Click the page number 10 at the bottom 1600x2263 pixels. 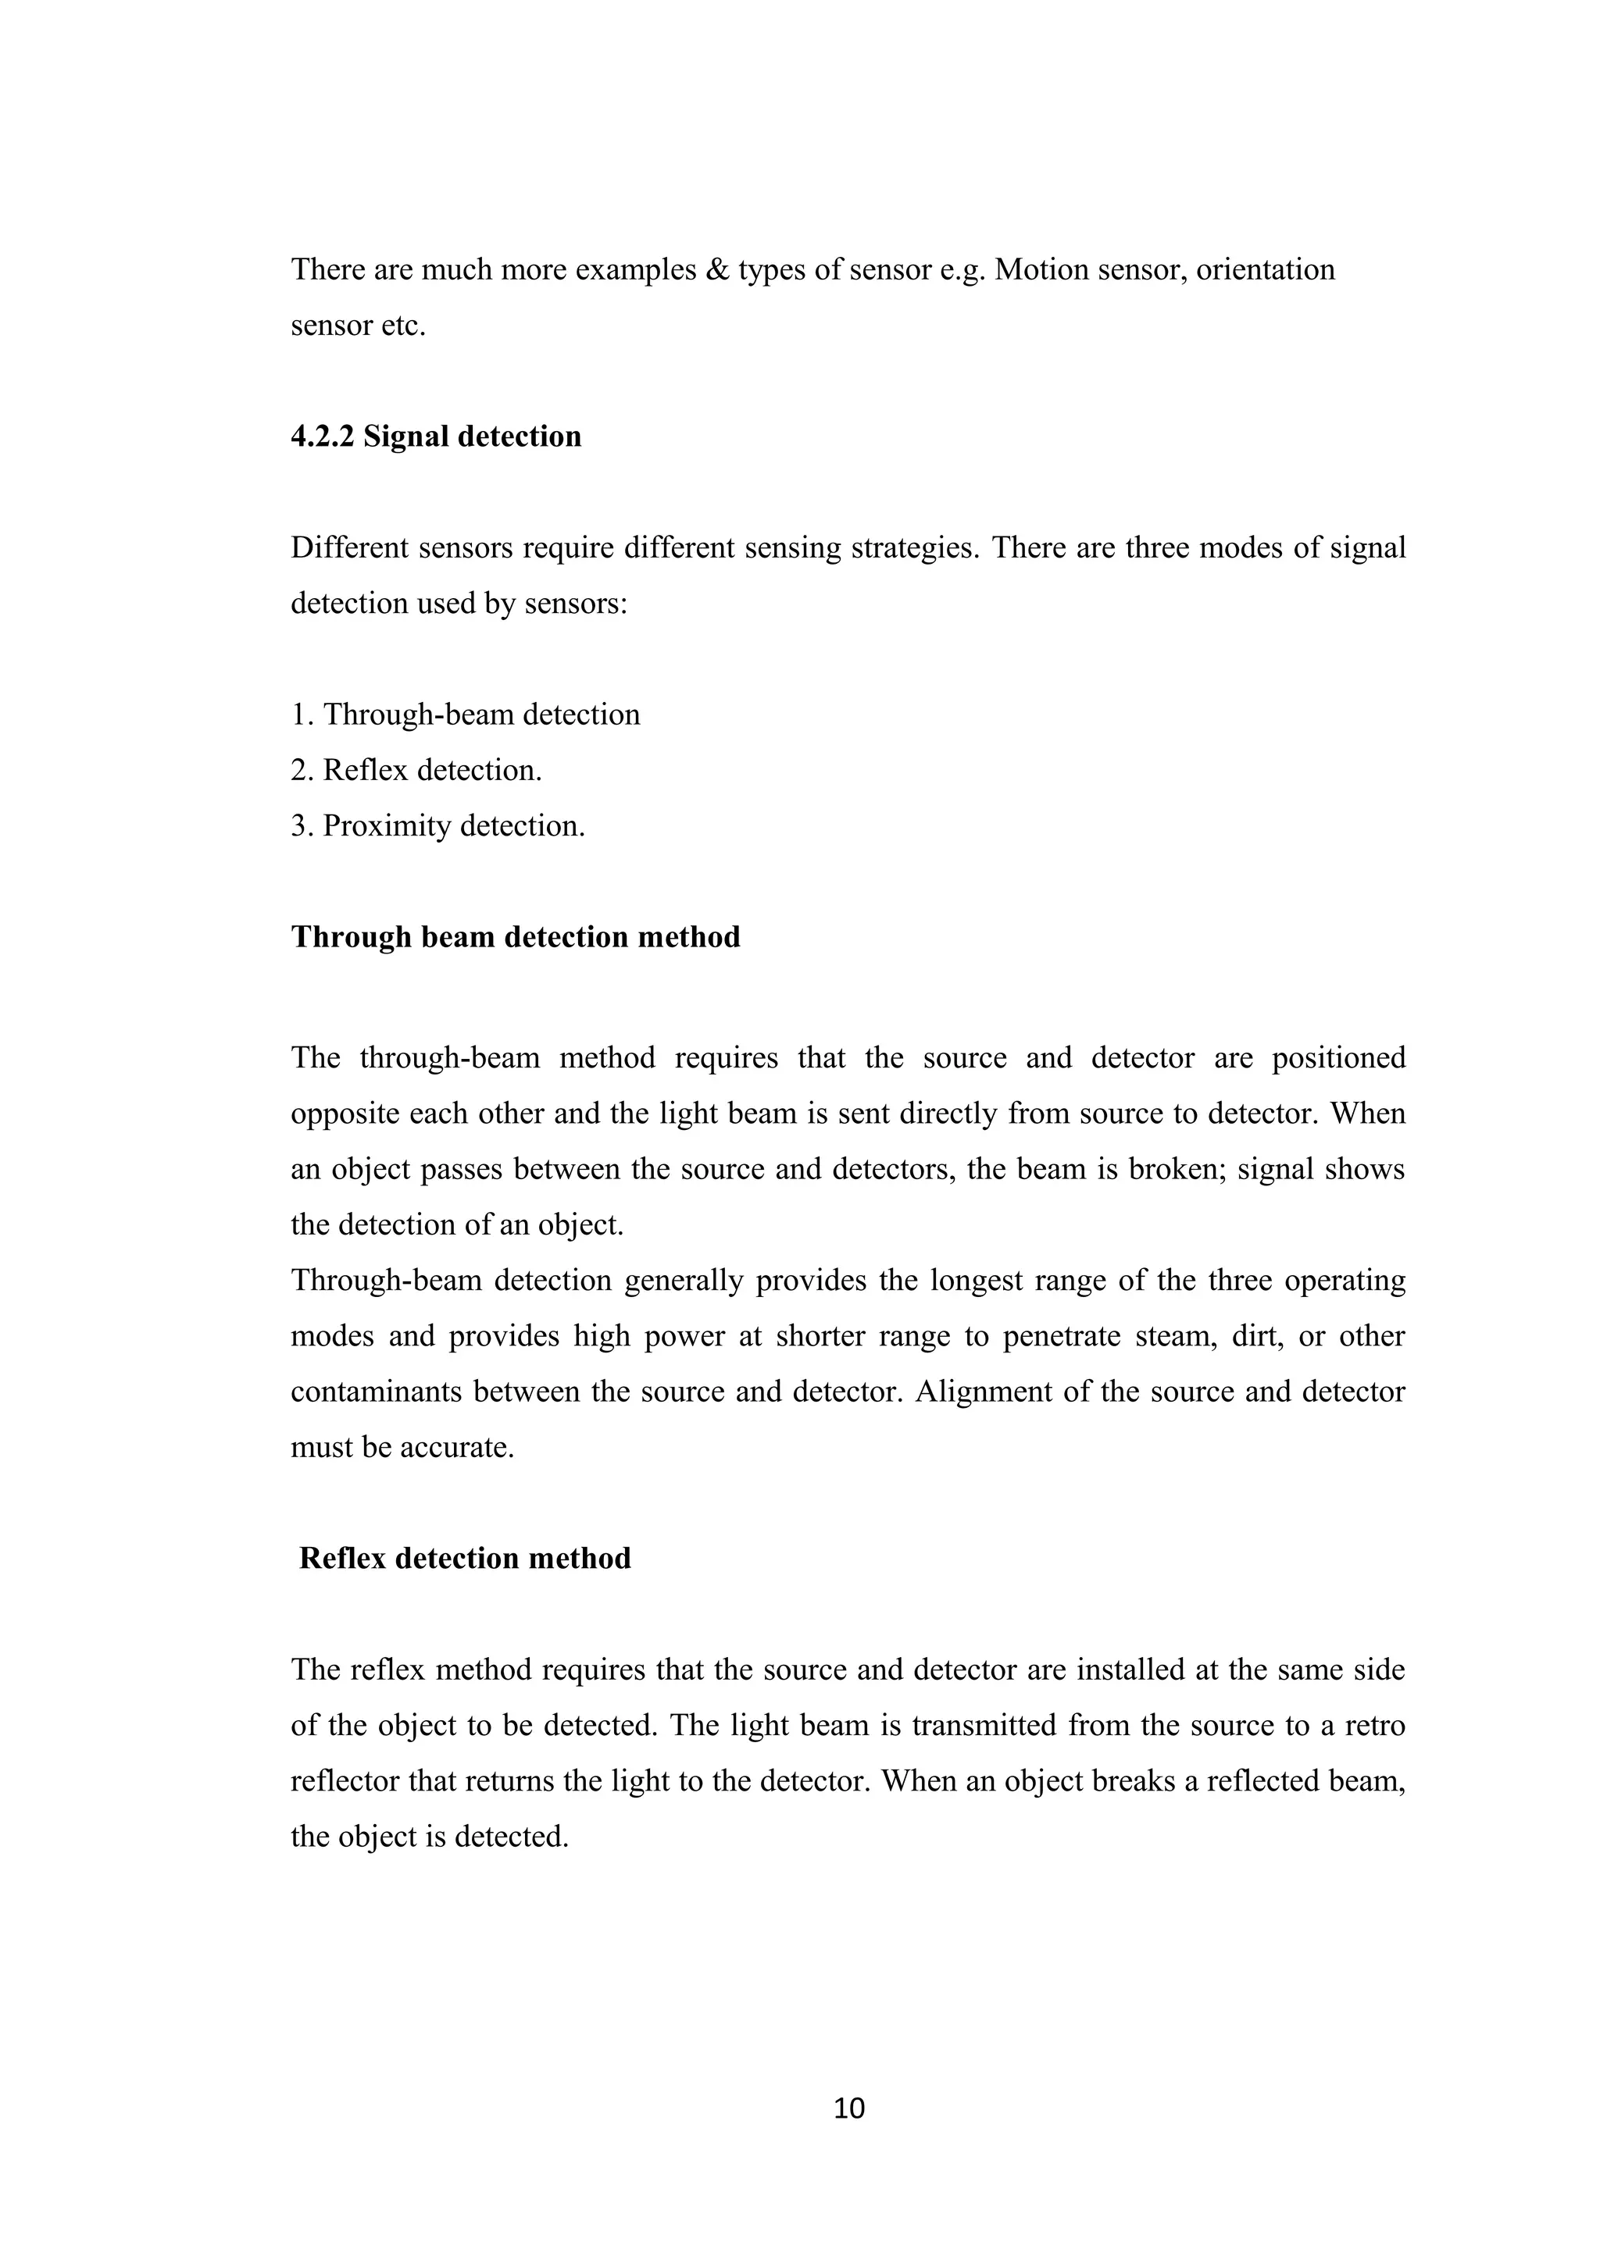point(848,2108)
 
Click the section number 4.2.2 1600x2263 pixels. point(323,437)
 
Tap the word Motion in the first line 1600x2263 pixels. point(1037,270)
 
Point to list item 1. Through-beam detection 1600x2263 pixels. point(466,715)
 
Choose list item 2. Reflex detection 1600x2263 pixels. point(416,770)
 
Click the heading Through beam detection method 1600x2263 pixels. point(516,936)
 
